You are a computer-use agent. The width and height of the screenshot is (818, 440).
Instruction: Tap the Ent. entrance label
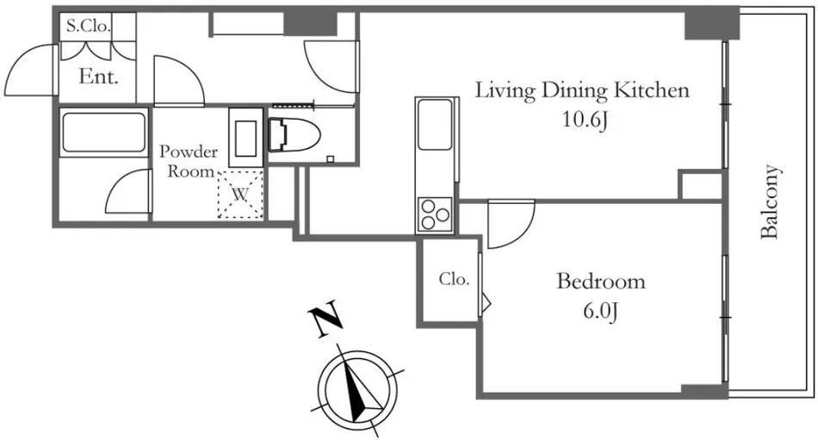[x=98, y=76]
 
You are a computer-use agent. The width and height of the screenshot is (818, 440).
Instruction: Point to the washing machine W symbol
[x=242, y=194]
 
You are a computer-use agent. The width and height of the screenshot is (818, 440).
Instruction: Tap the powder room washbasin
[x=246, y=137]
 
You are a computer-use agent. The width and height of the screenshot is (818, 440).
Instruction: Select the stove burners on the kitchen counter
[x=435, y=213]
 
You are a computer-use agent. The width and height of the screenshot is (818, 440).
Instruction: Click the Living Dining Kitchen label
[x=583, y=90]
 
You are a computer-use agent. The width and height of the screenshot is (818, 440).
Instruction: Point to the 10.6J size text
[x=584, y=121]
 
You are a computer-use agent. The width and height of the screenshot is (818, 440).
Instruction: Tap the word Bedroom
[x=600, y=282]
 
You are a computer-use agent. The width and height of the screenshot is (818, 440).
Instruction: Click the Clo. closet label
[x=453, y=279]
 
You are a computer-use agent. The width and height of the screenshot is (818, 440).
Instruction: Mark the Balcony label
[x=771, y=201]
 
